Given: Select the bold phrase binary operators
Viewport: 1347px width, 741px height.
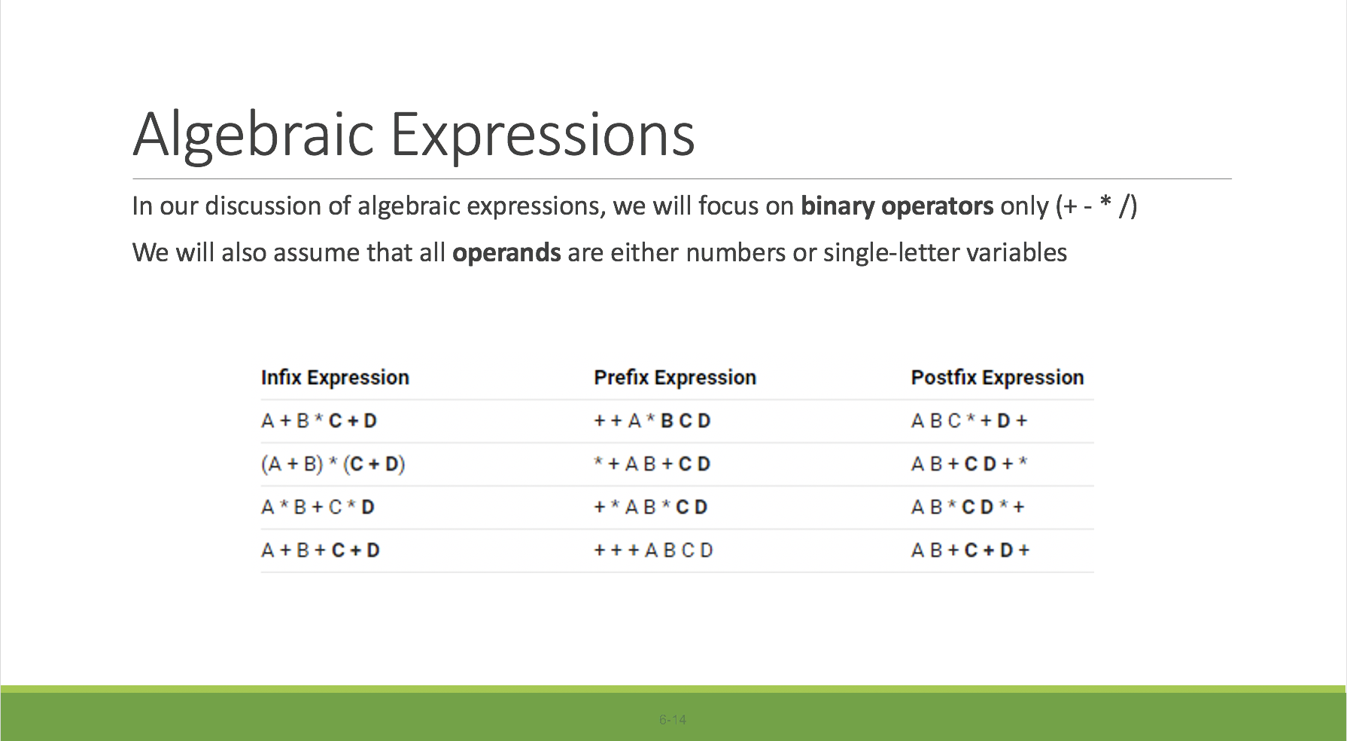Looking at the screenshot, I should coord(896,206).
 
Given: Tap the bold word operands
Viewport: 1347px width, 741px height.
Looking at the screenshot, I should coord(506,253).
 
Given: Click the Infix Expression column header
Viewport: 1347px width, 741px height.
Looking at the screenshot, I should coord(335,377).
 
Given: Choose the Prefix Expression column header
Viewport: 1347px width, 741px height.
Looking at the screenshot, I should coord(674,377).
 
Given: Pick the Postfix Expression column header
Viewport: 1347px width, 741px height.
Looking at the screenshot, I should coord(997,377).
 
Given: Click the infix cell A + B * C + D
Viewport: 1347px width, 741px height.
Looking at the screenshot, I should coord(319,421).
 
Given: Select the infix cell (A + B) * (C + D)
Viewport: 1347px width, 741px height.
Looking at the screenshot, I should coord(333,464).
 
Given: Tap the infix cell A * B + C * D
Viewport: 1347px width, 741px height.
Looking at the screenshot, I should coord(318,508).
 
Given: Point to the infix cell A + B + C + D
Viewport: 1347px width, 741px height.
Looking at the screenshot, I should coord(321,550).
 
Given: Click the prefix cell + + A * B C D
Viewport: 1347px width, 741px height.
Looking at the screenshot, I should coord(652,421).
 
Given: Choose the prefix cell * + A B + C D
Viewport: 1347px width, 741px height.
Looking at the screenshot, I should coord(652,464).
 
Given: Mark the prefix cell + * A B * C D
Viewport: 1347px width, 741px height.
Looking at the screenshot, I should coord(651,508).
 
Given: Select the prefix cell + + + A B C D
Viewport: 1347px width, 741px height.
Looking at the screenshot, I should coord(653,550).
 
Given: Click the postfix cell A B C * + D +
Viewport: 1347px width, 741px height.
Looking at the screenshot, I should coord(968,421).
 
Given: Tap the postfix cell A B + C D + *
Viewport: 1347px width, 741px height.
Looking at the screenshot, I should coord(968,464).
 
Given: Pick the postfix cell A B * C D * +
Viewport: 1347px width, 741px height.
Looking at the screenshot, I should coord(968,508).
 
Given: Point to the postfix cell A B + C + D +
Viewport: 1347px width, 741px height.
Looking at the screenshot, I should coord(969,550).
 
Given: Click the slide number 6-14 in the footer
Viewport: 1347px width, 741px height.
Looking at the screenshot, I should coord(673,720).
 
